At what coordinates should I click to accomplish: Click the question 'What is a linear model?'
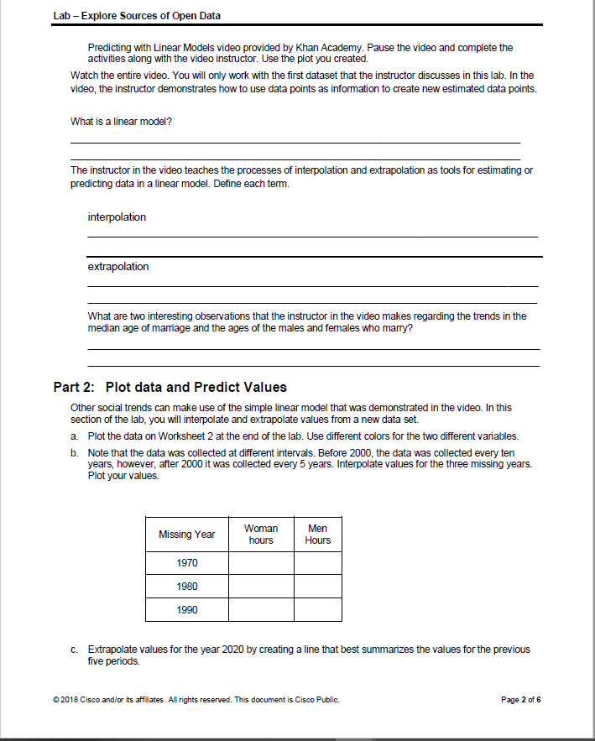[x=122, y=123]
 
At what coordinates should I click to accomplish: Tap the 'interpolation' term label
[x=117, y=217]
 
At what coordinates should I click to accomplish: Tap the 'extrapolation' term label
[x=118, y=267]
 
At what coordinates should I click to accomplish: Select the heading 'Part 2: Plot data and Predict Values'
[x=170, y=387]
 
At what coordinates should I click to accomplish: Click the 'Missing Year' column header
[x=187, y=534]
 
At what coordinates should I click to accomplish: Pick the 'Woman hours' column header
[x=261, y=534]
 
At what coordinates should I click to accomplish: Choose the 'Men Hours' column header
[x=318, y=534]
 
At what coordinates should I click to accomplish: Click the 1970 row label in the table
[x=187, y=562]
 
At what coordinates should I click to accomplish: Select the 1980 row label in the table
[x=187, y=586]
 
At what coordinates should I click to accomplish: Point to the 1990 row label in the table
[x=187, y=609]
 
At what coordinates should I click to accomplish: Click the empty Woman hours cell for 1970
[x=261, y=562]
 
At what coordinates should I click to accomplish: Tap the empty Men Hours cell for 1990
[x=318, y=609]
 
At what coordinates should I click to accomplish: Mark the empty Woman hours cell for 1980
[x=261, y=586]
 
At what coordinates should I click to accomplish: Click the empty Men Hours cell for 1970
[x=318, y=562]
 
